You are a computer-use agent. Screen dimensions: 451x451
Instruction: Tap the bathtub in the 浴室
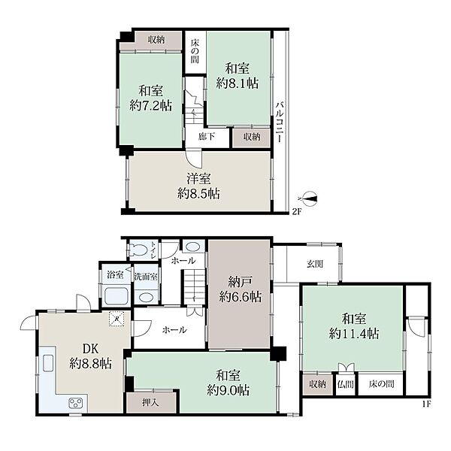117,296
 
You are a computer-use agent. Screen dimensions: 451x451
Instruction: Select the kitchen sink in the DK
48,363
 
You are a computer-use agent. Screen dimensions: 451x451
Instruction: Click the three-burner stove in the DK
76,402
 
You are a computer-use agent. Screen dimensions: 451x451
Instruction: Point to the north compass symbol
308,198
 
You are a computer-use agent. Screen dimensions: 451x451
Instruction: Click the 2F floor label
296,212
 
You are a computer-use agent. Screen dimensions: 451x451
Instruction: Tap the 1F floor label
426,404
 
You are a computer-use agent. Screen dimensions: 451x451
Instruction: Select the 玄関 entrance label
315,264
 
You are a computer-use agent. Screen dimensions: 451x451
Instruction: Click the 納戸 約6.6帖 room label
241,289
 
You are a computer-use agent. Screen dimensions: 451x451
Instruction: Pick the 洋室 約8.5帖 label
198,186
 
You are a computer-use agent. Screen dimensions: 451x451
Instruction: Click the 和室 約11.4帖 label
354,326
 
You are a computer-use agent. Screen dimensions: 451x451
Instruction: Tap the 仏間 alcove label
345,384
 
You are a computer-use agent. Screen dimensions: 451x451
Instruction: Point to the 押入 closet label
150,403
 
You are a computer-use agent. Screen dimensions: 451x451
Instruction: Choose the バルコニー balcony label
279,122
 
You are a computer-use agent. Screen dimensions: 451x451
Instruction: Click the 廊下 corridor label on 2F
207,136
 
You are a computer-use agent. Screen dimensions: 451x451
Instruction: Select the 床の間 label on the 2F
195,51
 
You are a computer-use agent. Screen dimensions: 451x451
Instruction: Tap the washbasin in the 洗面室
146,297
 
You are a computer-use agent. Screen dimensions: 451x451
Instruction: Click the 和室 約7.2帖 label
151,98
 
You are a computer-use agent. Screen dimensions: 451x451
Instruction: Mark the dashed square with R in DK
117,319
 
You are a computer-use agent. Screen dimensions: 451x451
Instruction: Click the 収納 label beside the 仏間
317,384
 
